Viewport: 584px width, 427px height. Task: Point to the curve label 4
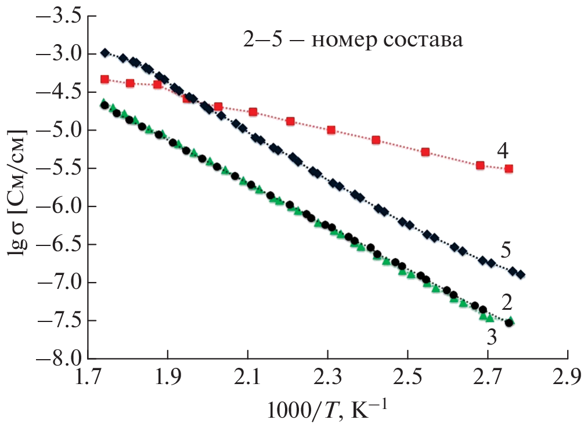(x=503, y=151)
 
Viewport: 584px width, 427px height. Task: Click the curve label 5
(x=505, y=250)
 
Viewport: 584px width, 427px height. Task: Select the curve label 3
(x=491, y=336)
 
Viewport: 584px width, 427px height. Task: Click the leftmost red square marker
(x=104, y=79)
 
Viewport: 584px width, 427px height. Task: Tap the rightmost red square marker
(x=509, y=169)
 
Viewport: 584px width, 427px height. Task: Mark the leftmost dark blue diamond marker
(x=105, y=53)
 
